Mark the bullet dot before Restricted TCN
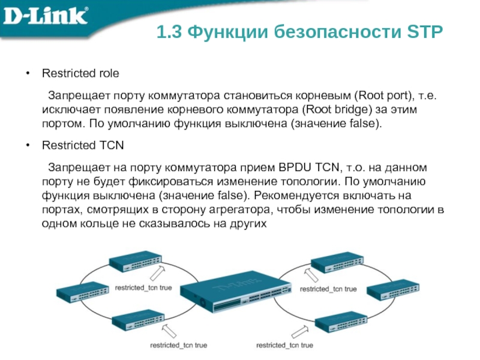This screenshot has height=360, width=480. (x=28, y=145)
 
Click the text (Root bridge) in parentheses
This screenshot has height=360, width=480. (x=332, y=110)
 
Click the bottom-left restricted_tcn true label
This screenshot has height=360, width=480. (x=178, y=346)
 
